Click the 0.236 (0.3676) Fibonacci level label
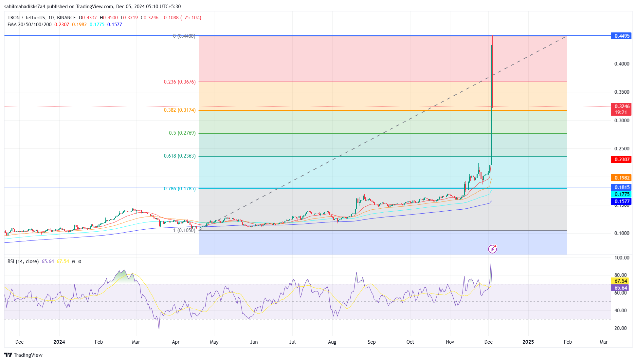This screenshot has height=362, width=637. click(x=180, y=82)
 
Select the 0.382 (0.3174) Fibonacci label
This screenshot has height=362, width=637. click(x=180, y=110)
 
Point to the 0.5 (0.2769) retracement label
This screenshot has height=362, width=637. click(x=182, y=133)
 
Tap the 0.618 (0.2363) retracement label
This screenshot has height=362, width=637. click(x=180, y=156)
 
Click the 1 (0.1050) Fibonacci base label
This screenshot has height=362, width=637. click(x=184, y=230)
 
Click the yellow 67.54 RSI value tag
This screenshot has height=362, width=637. click(x=621, y=281)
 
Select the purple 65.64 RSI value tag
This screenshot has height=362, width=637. click(x=621, y=288)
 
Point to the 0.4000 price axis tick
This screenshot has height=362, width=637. click(x=622, y=64)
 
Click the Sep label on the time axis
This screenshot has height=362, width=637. click(x=372, y=342)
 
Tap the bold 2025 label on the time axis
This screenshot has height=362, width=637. click(x=528, y=342)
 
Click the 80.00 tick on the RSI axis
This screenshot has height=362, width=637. click(x=621, y=275)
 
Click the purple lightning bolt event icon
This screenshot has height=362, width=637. click(x=492, y=249)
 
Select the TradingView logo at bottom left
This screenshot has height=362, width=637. click(x=24, y=355)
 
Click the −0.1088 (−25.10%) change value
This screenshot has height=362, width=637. click(x=181, y=18)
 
